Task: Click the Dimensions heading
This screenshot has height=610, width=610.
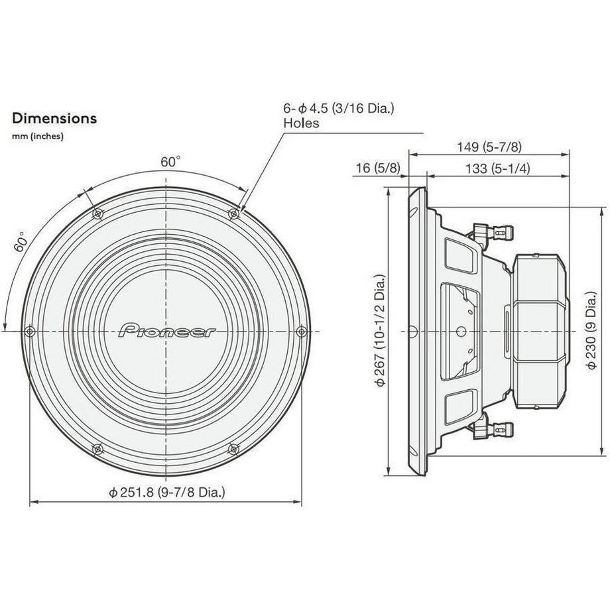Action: tap(54, 119)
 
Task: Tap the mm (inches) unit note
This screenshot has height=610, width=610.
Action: tap(37, 137)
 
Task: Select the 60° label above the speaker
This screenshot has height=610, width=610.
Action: tap(170, 162)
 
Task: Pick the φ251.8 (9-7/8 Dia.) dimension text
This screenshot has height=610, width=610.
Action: tap(167, 492)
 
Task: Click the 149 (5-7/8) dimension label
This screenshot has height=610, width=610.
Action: tap(489, 147)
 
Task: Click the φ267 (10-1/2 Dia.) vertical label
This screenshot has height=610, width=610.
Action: tap(381, 331)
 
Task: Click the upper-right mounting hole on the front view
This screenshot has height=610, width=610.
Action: tap(233, 213)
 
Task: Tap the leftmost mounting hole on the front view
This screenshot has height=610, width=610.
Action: tap(30, 331)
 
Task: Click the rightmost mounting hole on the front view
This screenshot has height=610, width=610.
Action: tap(301, 331)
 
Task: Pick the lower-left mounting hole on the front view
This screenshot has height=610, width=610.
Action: tap(98, 449)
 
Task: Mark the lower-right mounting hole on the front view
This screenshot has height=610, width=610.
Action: tap(233, 449)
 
